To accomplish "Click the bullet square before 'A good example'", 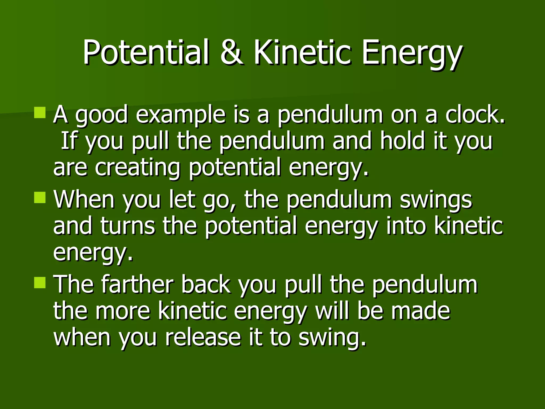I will (40, 113).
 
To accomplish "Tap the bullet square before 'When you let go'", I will (40, 198).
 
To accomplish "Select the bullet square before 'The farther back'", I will (40, 283).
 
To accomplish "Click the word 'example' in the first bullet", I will (181, 115).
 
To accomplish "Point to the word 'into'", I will (406, 226).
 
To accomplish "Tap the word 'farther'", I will (137, 284).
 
